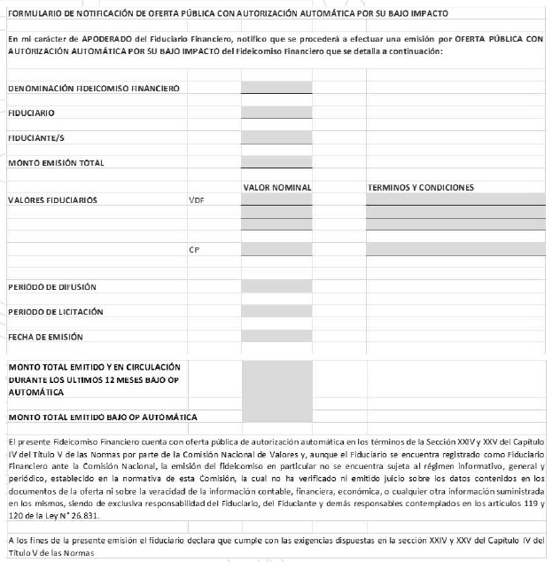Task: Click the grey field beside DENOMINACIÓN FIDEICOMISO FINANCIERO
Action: click(x=276, y=88)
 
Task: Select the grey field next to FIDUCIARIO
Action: click(x=276, y=113)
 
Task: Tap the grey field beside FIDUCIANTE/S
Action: click(x=276, y=137)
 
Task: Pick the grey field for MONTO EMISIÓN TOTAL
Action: click(x=276, y=162)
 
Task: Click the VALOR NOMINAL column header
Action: click(x=276, y=187)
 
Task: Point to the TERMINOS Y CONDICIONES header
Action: click(x=421, y=187)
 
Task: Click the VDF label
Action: click(x=197, y=200)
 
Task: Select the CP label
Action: click(x=194, y=250)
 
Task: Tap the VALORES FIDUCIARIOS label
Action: click(x=52, y=200)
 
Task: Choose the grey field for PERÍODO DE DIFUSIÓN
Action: click(x=276, y=286)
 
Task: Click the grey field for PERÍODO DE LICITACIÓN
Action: click(x=276, y=311)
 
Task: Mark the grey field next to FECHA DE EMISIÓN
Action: click(x=276, y=337)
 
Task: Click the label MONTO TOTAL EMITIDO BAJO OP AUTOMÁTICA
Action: click(x=102, y=416)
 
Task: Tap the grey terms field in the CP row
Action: click(x=455, y=250)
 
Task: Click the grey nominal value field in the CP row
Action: click(x=276, y=250)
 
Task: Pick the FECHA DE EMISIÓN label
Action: click(x=45, y=337)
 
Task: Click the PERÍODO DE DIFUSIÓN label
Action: click(x=52, y=286)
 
